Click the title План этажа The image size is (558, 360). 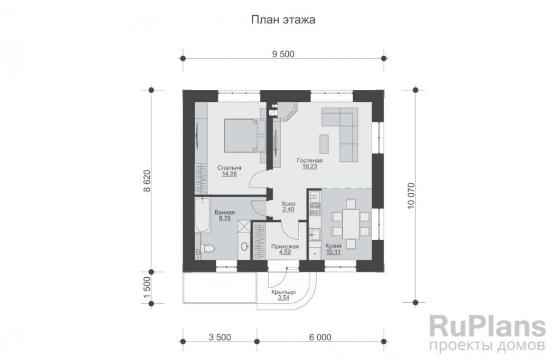click(283, 20)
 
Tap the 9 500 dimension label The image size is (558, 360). click(283, 54)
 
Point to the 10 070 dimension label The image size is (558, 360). click(411, 196)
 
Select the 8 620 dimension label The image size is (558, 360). click(147, 181)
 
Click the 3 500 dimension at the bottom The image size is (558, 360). click(220, 337)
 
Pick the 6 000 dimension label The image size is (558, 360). click(320, 337)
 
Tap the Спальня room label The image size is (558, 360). click(229, 168)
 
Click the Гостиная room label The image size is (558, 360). click(310, 161)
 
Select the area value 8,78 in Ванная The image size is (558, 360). click(225, 218)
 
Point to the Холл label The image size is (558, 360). click(288, 204)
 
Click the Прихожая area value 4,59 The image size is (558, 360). click(285, 252)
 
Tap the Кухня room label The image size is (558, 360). click(333, 246)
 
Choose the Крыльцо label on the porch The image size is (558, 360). click(283, 292)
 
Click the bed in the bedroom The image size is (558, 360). click(240, 136)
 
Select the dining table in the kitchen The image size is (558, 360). click(351, 224)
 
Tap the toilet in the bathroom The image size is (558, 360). click(205, 248)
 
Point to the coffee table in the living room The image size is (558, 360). click(324, 144)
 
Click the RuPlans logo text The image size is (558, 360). click(488, 326)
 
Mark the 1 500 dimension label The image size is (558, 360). click(147, 288)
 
